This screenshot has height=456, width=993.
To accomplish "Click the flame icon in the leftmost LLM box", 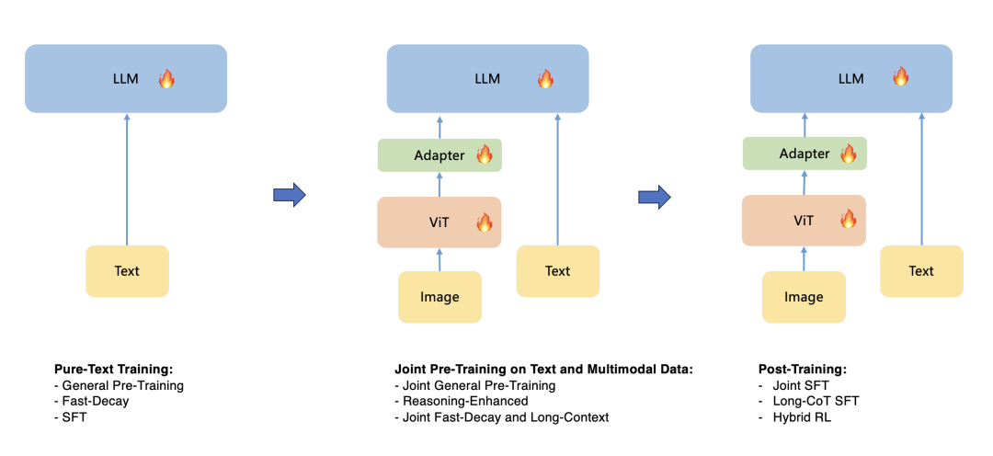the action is pyautogui.click(x=166, y=79).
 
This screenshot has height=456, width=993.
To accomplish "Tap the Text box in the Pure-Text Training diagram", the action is pyautogui.click(x=127, y=271).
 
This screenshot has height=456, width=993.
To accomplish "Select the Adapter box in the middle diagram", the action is pyautogui.click(x=439, y=154).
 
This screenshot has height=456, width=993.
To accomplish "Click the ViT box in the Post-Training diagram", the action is pyautogui.click(x=804, y=221).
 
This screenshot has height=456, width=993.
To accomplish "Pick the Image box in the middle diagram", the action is pyautogui.click(x=439, y=297).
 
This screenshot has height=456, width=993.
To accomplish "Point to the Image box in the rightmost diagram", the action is pyautogui.click(x=804, y=297).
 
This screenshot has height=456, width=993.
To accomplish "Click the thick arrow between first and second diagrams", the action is pyautogui.click(x=290, y=194).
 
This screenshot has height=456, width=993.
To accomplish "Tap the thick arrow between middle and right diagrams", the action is pyautogui.click(x=655, y=197).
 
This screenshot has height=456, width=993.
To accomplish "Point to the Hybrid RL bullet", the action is pyautogui.click(x=794, y=417).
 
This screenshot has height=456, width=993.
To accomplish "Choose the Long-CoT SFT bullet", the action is pyautogui.click(x=801, y=401).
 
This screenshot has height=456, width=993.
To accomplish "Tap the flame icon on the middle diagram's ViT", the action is pyautogui.click(x=485, y=222).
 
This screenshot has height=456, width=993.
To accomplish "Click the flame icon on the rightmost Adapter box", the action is pyautogui.click(x=848, y=154).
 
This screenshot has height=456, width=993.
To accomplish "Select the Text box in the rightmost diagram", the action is pyautogui.click(x=921, y=271).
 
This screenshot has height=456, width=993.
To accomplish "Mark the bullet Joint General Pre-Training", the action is pyautogui.click(x=475, y=386).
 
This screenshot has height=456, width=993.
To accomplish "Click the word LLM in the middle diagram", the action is pyautogui.click(x=487, y=79).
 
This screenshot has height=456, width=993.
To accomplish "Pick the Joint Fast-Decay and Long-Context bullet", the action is pyautogui.click(x=502, y=417).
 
